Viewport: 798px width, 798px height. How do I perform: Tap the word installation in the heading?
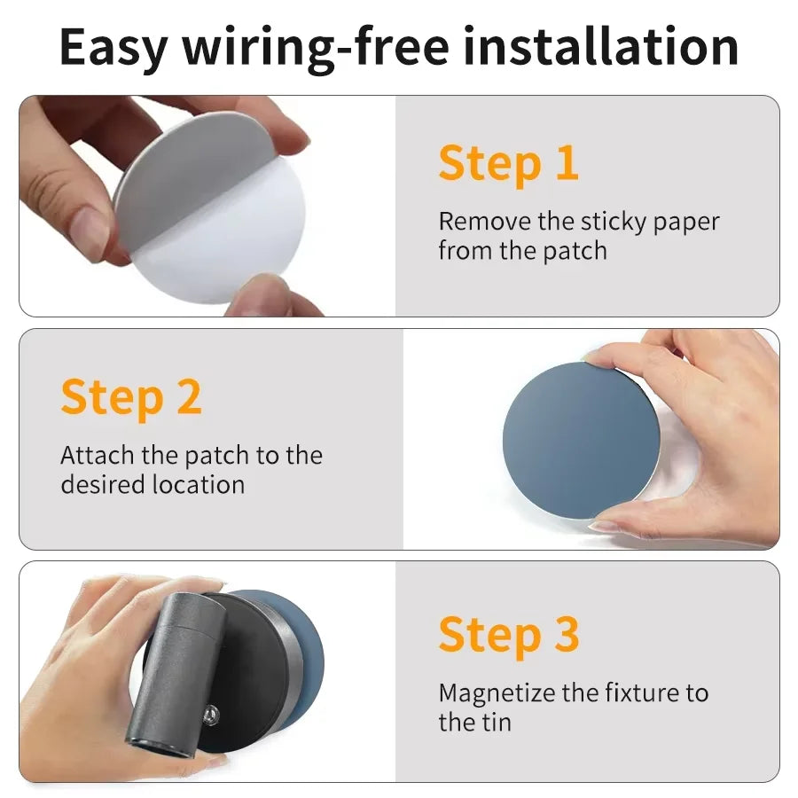click(x=600, y=46)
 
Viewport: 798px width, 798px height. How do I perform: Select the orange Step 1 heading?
click(x=508, y=164)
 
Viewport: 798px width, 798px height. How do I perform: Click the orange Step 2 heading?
click(x=131, y=398)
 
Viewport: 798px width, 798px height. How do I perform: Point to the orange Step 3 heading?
click(x=509, y=635)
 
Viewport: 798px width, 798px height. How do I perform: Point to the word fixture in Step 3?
click(x=643, y=692)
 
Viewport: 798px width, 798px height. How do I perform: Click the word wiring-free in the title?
click(x=316, y=47)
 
